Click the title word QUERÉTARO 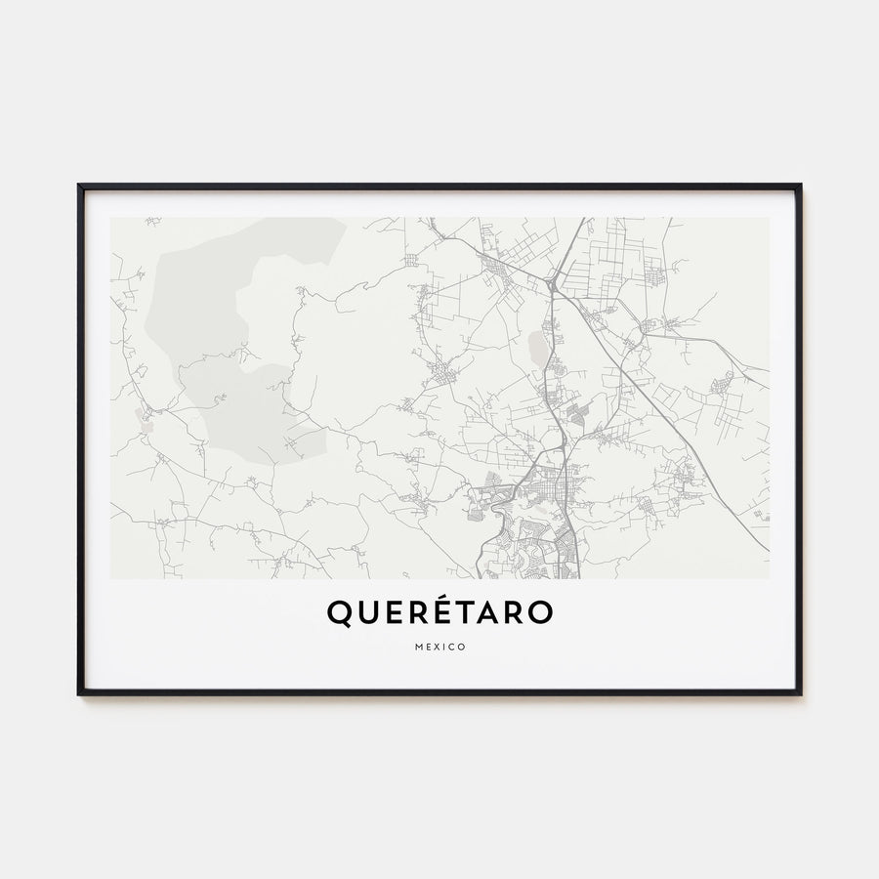coord(439,612)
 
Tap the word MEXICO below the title coord(439,647)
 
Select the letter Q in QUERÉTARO coord(337,613)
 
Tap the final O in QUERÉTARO coord(542,612)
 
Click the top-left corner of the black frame coord(79,186)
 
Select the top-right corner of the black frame coord(800,186)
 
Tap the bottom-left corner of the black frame coord(79,693)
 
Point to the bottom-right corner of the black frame coord(800,693)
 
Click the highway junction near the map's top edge coord(553,284)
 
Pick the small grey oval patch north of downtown coord(536,347)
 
